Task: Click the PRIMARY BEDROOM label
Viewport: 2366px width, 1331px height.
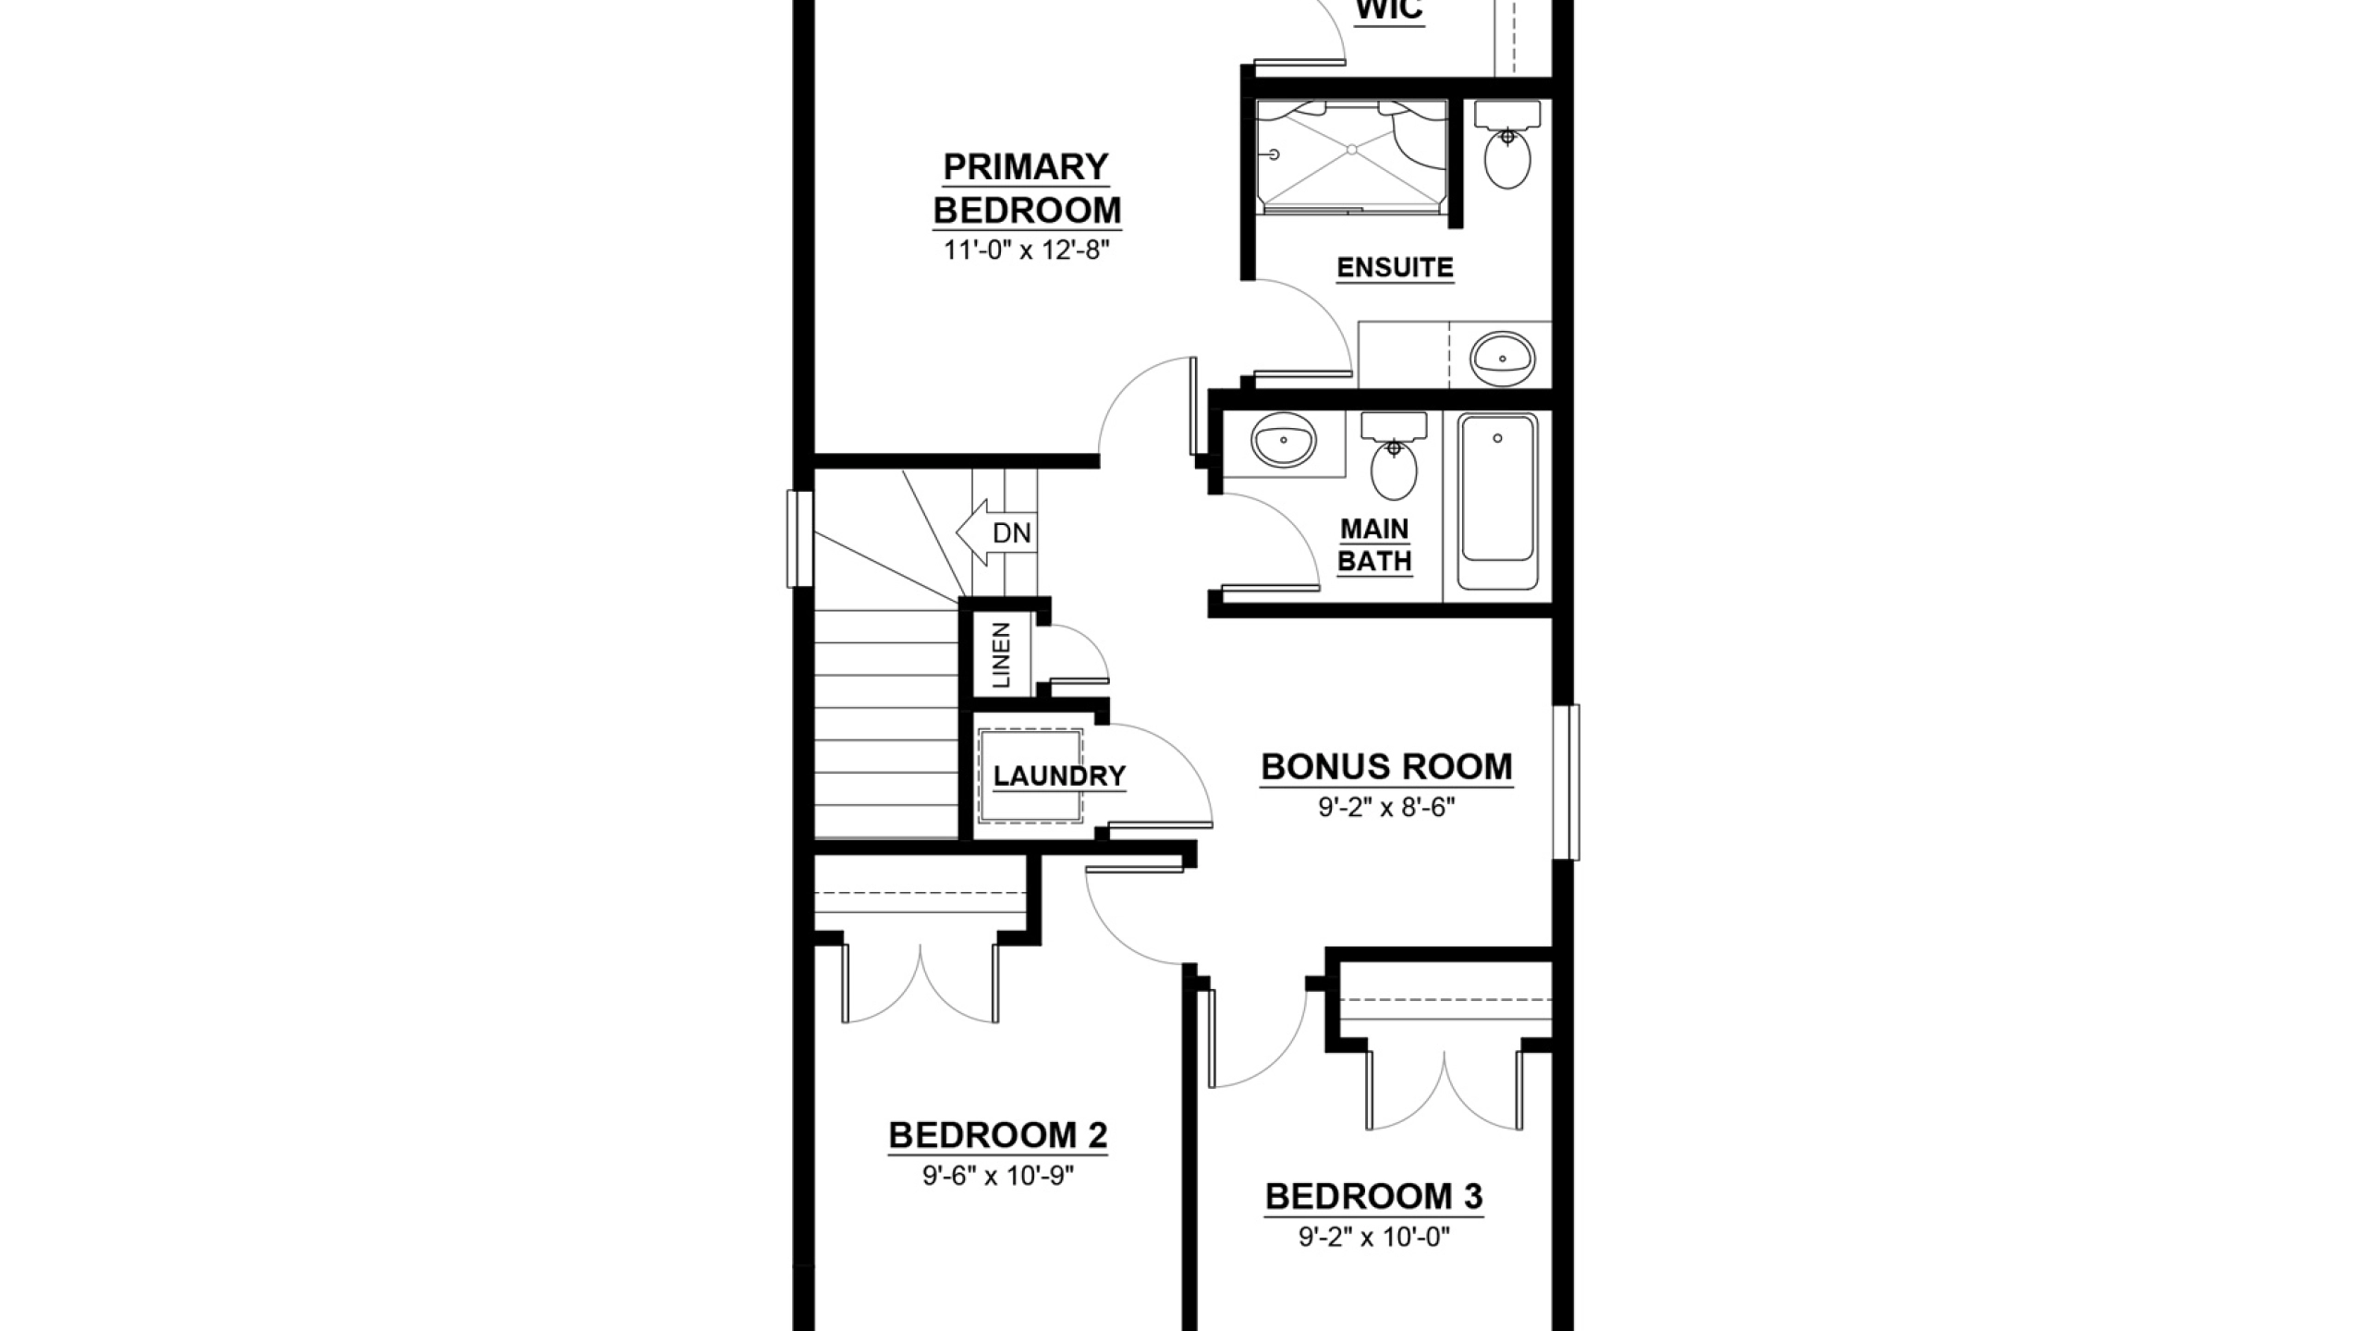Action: (1026, 189)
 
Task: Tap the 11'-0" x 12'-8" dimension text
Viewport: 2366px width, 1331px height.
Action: (1025, 250)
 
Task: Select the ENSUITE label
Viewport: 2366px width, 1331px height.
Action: (1396, 268)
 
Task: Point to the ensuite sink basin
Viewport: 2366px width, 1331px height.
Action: (1503, 357)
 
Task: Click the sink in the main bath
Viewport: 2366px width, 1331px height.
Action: (1284, 441)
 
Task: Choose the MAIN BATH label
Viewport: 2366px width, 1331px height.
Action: (1375, 545)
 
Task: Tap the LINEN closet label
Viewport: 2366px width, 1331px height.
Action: (1001, 655)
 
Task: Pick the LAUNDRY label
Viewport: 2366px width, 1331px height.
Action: (1059, 775)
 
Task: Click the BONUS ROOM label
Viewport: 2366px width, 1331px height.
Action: (1386, 767)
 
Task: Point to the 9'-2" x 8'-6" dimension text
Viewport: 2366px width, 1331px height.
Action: (1386, 808)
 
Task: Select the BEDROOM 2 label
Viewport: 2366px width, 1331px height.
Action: (998, 1135)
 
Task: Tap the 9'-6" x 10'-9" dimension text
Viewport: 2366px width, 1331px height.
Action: (998, 1176)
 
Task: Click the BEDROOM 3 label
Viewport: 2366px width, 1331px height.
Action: (1374, 1197)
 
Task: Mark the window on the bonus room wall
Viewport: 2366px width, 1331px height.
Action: (1566, 782)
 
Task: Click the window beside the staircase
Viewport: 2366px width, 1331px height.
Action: (799, 539)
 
